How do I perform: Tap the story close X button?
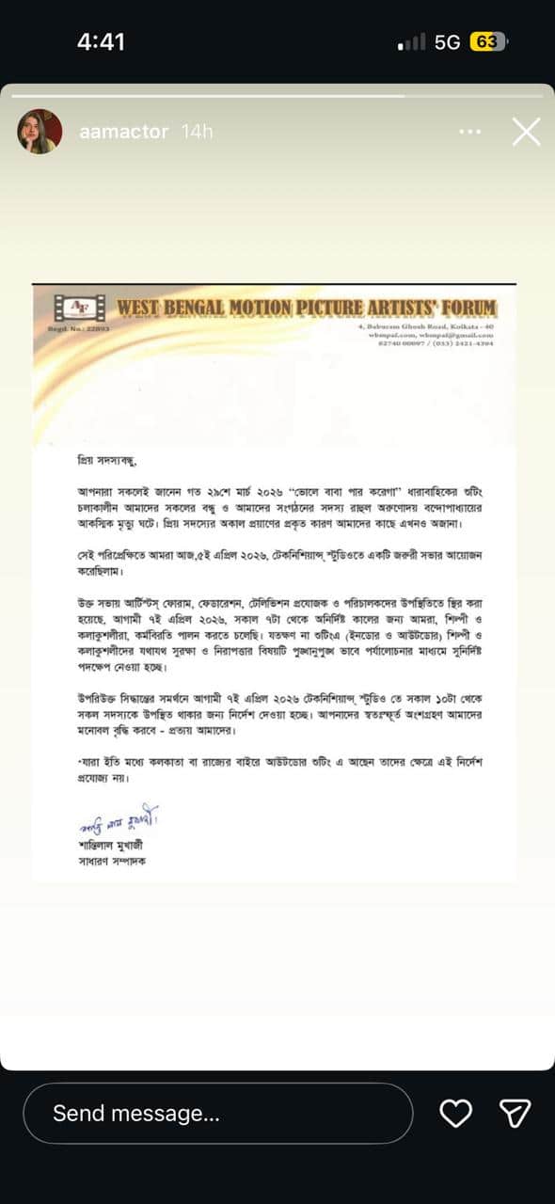pos(526,132)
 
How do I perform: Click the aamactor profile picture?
pos(40,132)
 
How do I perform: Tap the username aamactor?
pos(124,132)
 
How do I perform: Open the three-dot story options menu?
pos(469,132)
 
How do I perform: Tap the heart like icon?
pos(456,1114)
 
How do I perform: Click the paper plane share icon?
pos(515,1114)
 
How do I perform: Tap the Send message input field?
pos(217,1114)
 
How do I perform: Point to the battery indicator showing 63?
pos(488,42)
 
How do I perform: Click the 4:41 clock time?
pos(101,42)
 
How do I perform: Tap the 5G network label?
pos(447,42)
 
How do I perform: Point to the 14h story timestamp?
pos(197,132)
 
